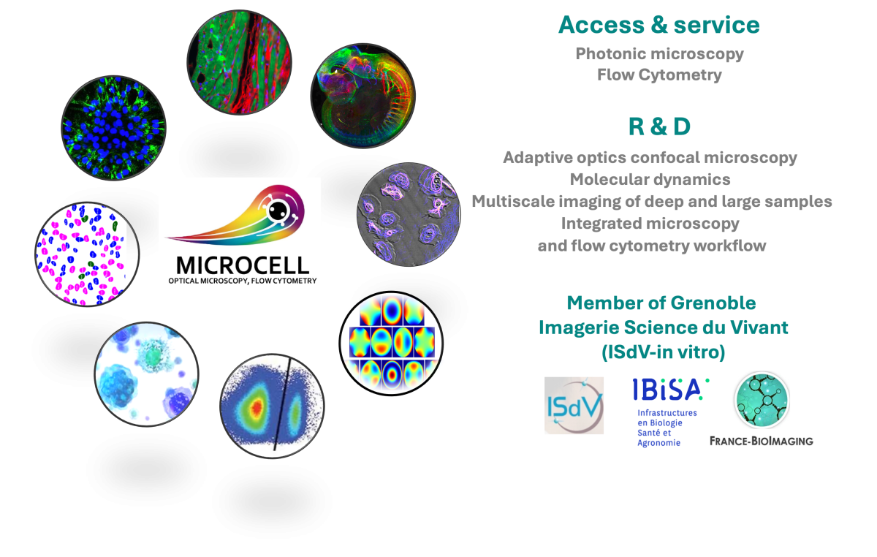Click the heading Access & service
point(658,26)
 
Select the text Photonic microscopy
point(659,53)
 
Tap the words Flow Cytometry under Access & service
point(659,75)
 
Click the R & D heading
point(659,126)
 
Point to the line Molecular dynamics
point(650,179)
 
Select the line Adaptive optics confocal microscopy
point(650,157)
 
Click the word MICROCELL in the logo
point(238,265)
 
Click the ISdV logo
point(574,406)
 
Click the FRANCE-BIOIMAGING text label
point(762,441)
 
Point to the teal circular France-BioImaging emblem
point(761,399)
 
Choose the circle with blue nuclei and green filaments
point(113,128)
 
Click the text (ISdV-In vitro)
point(663,352)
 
